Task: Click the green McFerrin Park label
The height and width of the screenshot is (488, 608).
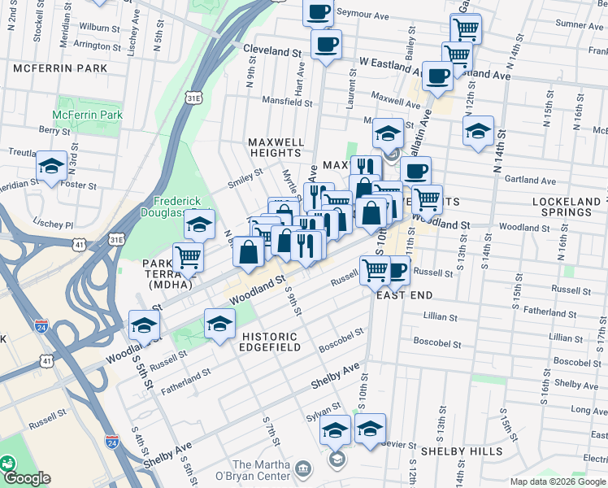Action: (x=88, y=115)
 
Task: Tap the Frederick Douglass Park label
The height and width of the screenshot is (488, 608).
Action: (x=184, y=207)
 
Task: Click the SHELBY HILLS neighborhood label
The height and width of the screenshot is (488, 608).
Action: (x=461, y=451)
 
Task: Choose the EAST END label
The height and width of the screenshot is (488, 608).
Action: (x=404, y=294)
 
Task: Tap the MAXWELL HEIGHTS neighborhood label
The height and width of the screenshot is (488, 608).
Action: (x=276, y=147)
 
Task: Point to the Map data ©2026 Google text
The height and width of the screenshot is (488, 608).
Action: (x=558, y=481)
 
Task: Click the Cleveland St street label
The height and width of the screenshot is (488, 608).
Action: (x=272, y=50)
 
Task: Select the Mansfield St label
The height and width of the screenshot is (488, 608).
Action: (x=287, y=102)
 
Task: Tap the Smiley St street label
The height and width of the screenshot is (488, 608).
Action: (x=245, y=178)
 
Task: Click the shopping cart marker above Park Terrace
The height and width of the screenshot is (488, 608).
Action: (x=188, y=257)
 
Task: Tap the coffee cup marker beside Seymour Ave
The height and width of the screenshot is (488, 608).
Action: (x=319, y=11)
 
